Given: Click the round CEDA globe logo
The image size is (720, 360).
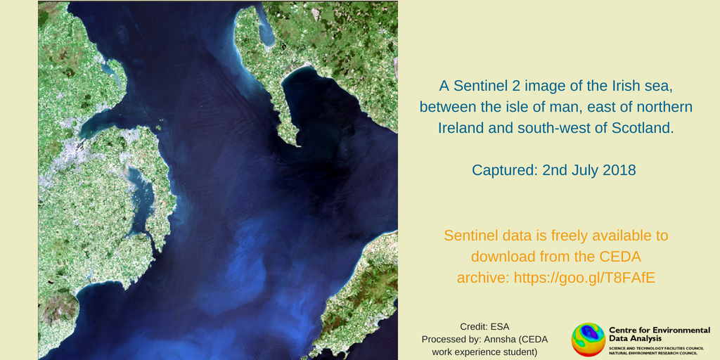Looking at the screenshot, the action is coord(589,340).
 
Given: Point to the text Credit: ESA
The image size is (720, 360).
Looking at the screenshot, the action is coord(485,327).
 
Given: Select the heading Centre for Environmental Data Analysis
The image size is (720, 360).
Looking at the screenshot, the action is coord(660,334).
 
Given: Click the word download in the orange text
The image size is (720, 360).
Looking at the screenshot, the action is coord(499,257).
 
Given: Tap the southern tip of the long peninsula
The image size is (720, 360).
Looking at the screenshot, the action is coord(298,146).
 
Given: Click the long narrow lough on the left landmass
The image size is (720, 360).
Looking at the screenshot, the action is coord(139,202).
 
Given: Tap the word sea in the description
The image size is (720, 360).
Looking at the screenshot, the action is coord(617,86).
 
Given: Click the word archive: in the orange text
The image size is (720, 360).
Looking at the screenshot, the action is coord(482,278).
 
